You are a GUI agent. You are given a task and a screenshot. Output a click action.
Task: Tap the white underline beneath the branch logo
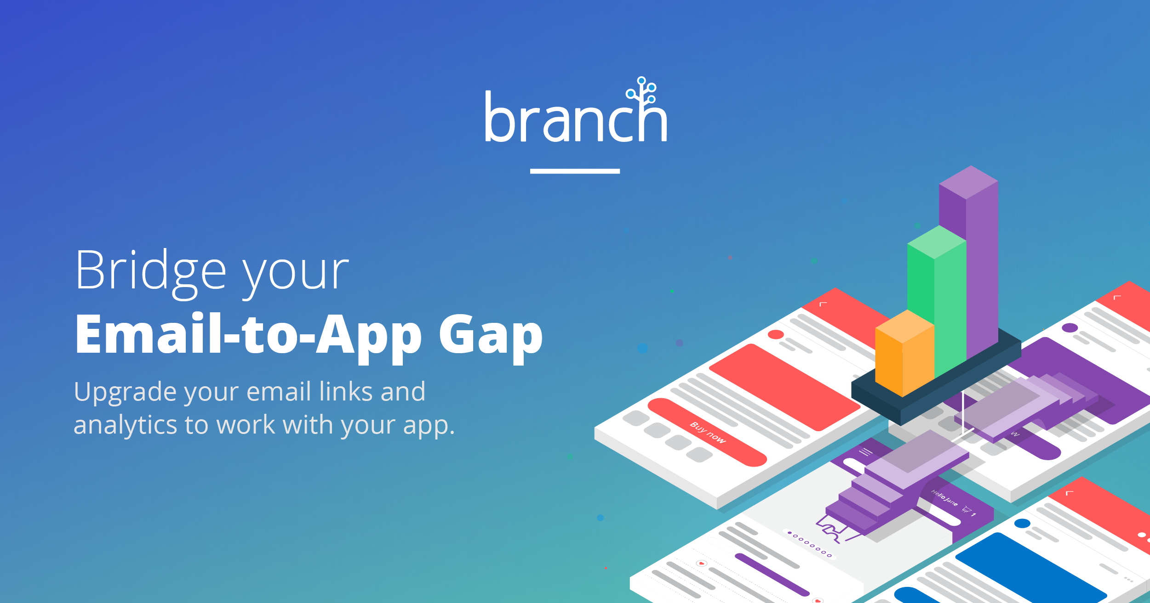point(575,171)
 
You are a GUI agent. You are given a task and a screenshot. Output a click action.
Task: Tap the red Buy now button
point(707,432)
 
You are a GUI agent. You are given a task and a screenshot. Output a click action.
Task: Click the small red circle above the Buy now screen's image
point(776,334)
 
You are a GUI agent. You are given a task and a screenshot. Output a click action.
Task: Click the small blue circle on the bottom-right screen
point(1022,523)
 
